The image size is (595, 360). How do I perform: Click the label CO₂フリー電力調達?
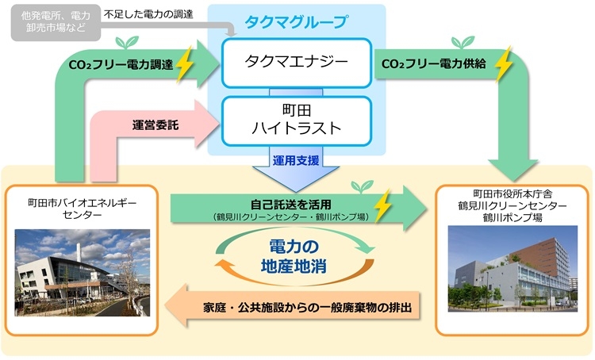coord(121,65)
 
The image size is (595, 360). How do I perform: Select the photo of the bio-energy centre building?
coord(82,271)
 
